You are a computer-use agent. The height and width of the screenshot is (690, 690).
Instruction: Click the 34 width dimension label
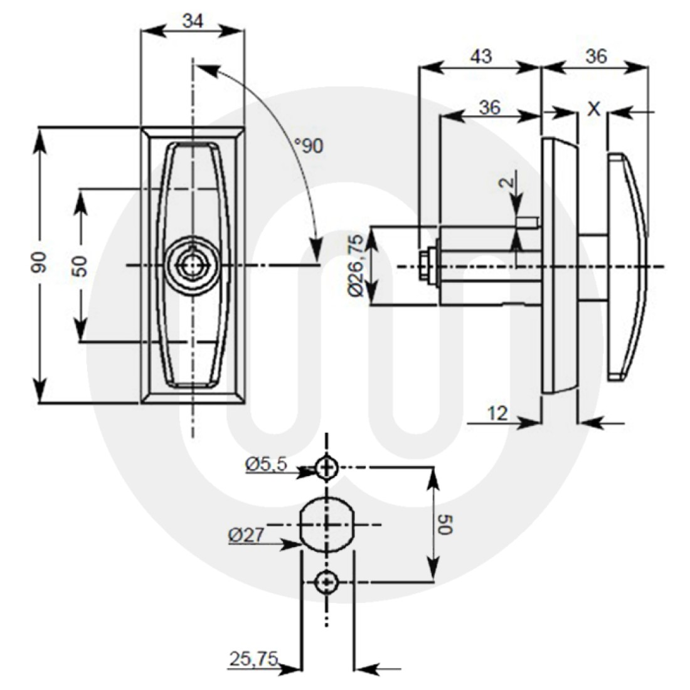pos(193,21)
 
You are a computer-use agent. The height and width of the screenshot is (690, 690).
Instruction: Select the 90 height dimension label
pos(40,264)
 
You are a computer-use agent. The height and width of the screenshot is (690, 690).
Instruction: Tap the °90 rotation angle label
pos(309,146)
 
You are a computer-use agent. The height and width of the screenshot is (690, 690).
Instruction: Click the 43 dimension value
pos(480,56)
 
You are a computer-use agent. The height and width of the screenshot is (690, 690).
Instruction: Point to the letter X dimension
pos(593,109)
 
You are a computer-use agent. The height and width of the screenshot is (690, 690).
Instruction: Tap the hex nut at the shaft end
pos(425,267)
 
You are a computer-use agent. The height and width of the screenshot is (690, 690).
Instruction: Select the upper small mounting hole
pos(326,467)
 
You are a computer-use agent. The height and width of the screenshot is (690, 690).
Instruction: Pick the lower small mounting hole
pos(326,582)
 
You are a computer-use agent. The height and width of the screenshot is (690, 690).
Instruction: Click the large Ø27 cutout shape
pos(327,524)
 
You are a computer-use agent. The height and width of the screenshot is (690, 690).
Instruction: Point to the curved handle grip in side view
pos(627,267)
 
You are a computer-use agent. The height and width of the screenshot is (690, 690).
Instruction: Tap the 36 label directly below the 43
pos(489,107)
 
